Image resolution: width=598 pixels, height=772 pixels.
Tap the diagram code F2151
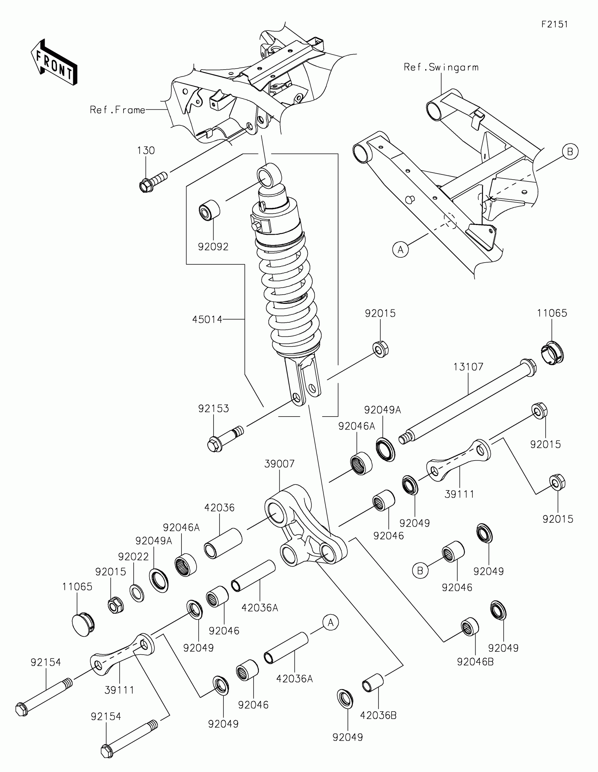[x=554, y=24]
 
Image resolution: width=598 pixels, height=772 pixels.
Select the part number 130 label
[x=146, y=150]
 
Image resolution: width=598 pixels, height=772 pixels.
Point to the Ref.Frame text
[x=117, y=110]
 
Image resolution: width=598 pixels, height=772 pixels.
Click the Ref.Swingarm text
[x=441, y=67]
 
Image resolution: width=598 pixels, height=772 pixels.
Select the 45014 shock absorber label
[x=207, y=320]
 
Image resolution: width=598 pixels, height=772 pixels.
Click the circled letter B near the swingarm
[x=570, y=152]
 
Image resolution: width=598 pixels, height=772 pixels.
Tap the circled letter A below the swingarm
[x=400, y=250]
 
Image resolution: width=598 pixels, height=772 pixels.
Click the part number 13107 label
[x=468, y=367]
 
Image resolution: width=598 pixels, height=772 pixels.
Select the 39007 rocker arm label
[x=279, y=464]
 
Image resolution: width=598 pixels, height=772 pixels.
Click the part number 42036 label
[x=219, y=508]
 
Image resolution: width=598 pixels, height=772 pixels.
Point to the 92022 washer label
[x=133, y=557]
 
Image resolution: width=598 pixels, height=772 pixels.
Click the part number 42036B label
[x=378, y=715]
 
